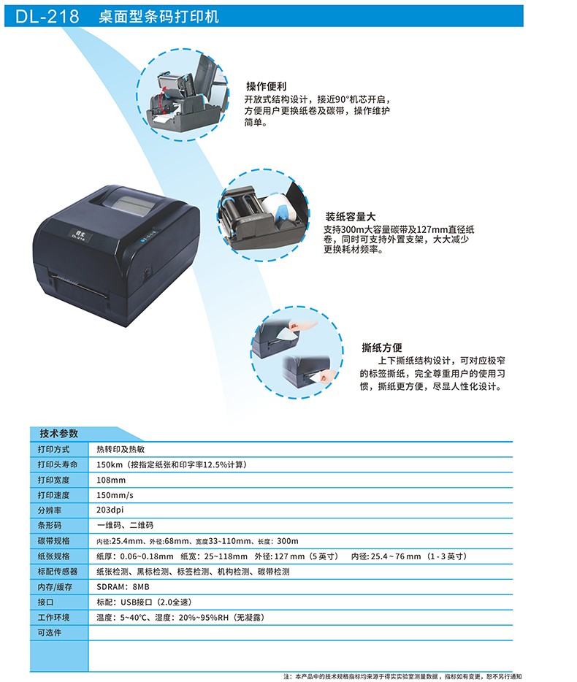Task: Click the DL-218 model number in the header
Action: (47, 17)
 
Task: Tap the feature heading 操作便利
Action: (267, 85)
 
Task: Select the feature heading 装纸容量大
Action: (351, 216)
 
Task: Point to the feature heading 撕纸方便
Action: (381, 348)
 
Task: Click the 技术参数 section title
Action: (58, 433)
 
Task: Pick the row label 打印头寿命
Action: (58, 464)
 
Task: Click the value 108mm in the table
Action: (111, 480)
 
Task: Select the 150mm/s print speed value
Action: (115, 495)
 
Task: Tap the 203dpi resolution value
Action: (110, 510)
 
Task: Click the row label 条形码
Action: (50, 526)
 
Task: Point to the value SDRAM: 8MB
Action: (123, 587)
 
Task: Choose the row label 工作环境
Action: (53, 617)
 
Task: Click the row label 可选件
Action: (50, 632)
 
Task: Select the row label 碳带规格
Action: (53, 541)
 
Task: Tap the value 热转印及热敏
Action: (121, 449)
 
